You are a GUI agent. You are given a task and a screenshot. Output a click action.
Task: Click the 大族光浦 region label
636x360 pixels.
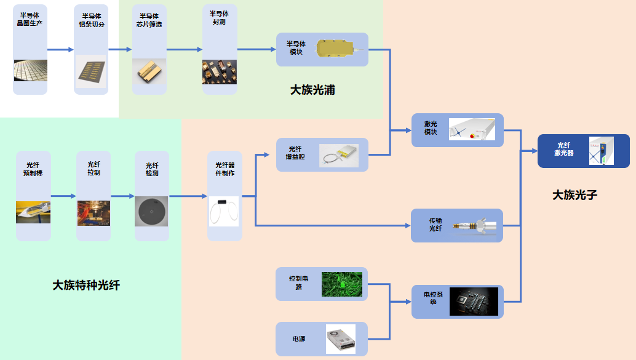(x=312, y=90)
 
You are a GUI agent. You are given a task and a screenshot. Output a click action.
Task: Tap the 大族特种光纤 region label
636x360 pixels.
(x=86, y=285)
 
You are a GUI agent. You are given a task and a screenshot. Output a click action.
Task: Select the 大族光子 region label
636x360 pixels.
(x=574, y=195)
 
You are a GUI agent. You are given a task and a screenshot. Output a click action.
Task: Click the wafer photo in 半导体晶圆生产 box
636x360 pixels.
(x=31, y=71)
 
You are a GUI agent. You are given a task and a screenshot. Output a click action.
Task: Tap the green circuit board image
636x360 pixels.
(x=342, y=284)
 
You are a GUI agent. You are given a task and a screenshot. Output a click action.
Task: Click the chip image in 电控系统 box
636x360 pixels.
(x=474, y=301)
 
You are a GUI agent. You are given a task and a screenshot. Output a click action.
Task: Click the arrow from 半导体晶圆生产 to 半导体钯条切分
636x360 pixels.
(x=60, y=50)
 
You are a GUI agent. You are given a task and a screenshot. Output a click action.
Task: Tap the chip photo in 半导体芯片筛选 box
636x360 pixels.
(x=149, y=71)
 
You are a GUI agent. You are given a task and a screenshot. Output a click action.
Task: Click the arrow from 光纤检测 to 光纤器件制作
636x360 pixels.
(x=188, y=196)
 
